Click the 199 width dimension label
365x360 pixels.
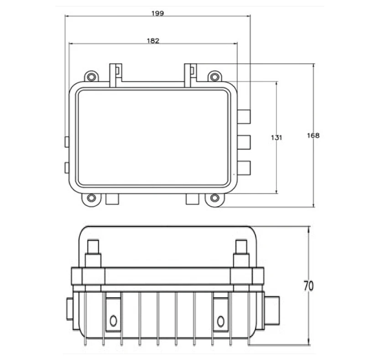click(157, 13)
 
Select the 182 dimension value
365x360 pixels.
click(153, 41)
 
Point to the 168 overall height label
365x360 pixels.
click(313, 136)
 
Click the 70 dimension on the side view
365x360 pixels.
click(308, 287)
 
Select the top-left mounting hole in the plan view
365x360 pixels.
click(92, 76)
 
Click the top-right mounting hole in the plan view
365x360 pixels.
click(214, 76)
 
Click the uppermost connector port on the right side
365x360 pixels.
click(245, 117)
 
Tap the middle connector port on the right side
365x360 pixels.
click(245, 143)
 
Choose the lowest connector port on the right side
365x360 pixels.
click(245, 168)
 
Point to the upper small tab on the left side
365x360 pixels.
click(67, 141)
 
